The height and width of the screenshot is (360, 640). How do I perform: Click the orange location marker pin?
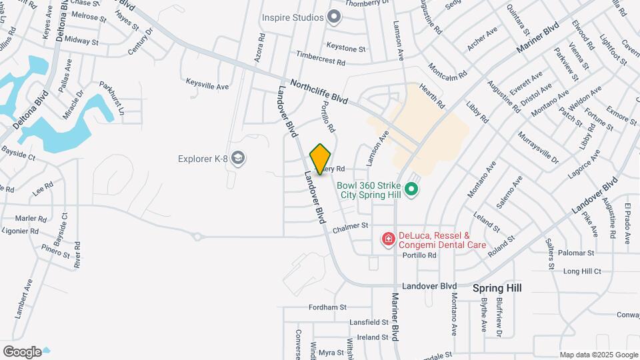[321, 159]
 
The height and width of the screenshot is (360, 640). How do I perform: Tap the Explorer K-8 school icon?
[239, 158]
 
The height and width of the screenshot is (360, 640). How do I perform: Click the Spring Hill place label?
[497, 288]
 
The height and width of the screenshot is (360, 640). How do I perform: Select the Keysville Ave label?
[207, 87]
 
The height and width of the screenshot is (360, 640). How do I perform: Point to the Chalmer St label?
[351, 227]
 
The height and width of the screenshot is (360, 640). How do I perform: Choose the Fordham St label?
[327, 307]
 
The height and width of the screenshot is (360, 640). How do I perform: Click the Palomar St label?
[576, 253]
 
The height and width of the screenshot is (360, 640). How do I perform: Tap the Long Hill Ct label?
[582, 271]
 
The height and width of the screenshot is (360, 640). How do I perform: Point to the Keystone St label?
[345, 49]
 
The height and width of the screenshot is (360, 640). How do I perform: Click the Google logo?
[22, 351]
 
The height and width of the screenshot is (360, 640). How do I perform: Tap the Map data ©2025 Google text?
[598, 355]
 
